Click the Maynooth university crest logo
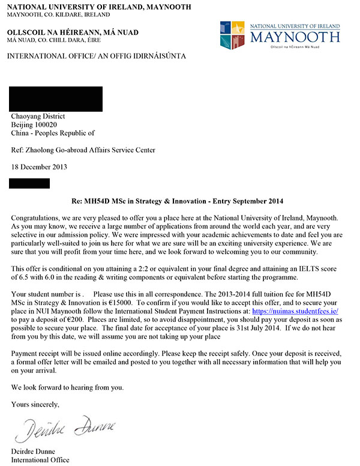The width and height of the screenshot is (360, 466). coord(233,35)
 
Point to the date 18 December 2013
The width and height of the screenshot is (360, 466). coord(40,167)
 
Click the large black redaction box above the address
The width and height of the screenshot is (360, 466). coord(56,99)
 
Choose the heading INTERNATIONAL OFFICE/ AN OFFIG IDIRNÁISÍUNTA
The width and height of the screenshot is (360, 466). coord(96,56)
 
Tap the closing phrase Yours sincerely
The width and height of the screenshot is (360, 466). coord(35,404)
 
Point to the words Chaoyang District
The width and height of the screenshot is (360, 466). coord(38,116)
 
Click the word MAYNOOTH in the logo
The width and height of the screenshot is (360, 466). coord(295,38)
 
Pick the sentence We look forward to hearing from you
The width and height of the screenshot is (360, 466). coord(67,387)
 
